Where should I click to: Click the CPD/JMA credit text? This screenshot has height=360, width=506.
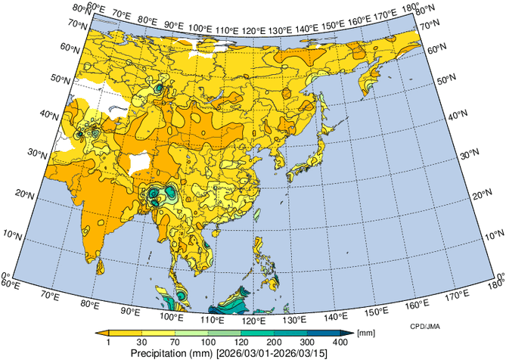point(415,326)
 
